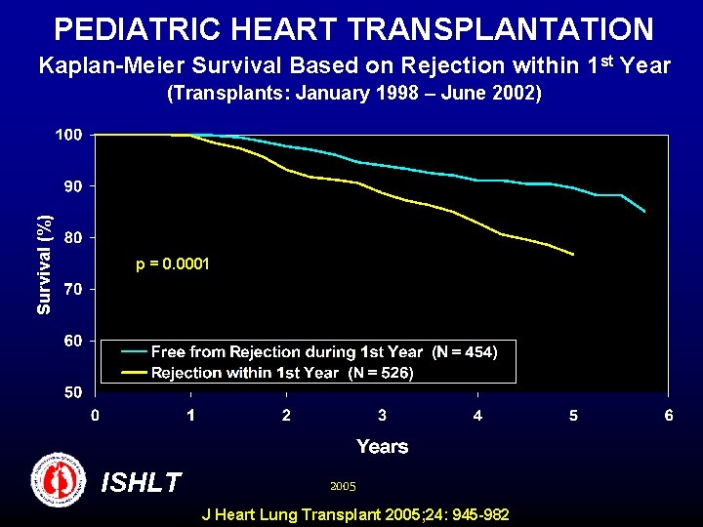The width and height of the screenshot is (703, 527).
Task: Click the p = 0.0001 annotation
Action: (173, 263)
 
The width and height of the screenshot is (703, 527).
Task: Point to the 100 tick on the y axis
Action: (67, 135)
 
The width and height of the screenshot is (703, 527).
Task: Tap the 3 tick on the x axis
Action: (382, 416)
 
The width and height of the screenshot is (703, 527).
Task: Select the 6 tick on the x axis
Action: (669, 416)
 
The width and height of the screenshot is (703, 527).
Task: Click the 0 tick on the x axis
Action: (95, 416)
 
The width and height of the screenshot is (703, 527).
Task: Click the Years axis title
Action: (382, 446)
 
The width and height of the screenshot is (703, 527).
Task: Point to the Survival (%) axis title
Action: (43, 264)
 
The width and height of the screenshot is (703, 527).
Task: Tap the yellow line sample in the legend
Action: (134, 373)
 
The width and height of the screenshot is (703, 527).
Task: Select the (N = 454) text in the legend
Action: (465, 352)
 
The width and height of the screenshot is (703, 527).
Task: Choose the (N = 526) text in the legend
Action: (381, 373)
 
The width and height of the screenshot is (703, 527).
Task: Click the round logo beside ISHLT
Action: (58, 479)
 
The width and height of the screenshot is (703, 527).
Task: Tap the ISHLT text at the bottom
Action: (142, 482)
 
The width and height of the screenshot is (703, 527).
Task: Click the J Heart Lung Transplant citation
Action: (354, 514)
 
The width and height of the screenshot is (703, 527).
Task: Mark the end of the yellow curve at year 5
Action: (573, 255)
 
